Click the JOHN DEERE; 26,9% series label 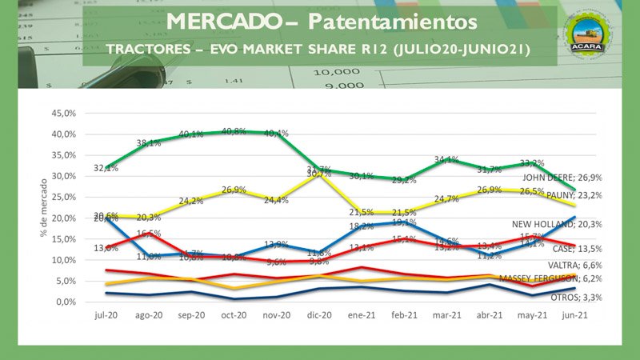562,178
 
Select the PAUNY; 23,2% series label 573,195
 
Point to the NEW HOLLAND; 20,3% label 562,225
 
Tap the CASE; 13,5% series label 577,249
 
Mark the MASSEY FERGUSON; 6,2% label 550,278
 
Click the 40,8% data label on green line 234,131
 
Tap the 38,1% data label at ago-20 149,143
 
